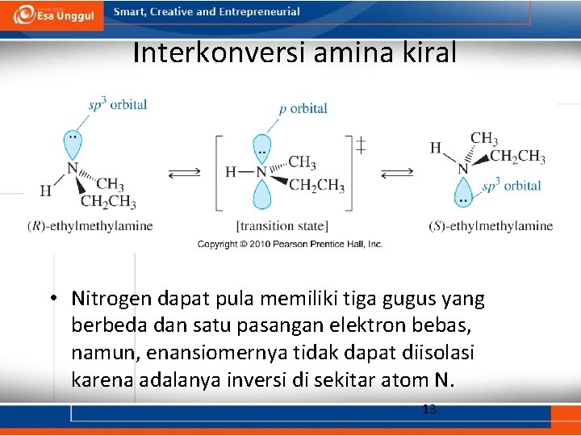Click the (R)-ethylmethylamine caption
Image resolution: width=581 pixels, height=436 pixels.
point(90,226)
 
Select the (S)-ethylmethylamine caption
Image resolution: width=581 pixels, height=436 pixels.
point(491,226)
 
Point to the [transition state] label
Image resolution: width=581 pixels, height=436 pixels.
point(282,226)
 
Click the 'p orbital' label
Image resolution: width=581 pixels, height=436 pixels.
point(303,108)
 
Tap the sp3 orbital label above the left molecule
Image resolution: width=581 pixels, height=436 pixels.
point(118,104)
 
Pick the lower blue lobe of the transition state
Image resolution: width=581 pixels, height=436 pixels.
point(261,195)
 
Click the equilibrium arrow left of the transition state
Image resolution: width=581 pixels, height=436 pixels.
point(185,173)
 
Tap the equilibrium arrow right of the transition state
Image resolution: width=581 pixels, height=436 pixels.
point(396,172)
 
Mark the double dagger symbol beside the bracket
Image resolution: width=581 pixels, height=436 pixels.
point(361,145)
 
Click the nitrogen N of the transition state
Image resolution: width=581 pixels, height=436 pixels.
point(261,172)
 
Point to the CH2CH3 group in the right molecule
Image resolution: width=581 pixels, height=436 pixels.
point(517,157)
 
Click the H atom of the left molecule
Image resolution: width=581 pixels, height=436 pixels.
point(45,191)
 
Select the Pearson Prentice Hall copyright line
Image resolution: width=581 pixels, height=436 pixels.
point(290,244)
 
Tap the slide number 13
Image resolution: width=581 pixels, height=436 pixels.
point(429,409)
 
